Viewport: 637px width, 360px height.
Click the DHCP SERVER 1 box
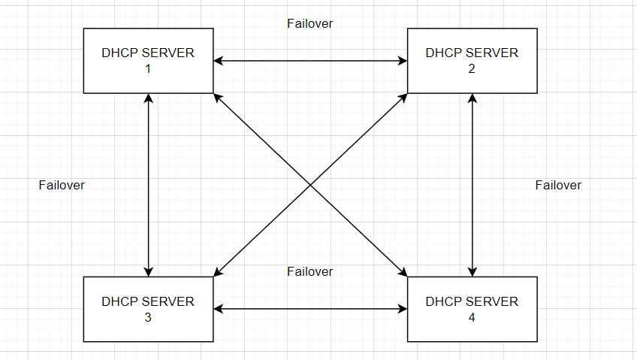(148, 61)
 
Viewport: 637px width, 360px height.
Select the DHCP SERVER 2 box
(472, 61)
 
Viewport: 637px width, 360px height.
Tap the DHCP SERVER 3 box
(148, 309)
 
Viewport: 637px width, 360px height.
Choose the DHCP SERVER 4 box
(472, 309)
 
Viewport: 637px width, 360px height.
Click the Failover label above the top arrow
(309, 23)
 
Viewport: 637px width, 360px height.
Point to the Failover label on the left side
(62, 185)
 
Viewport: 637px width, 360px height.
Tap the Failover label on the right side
(558, 185)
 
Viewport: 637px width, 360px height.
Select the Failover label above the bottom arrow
(309, 271)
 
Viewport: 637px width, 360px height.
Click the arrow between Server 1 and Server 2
(309, 61)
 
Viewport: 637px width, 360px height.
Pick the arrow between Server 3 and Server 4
(309, 309)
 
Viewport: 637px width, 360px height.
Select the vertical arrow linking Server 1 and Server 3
(149, 185)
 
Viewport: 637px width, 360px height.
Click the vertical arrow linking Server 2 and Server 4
(472, 185)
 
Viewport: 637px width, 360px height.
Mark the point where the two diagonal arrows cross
(310, 185)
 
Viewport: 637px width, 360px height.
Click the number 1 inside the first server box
(148, 69)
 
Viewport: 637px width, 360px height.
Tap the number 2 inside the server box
(472, 69)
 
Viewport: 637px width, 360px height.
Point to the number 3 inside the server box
(148, 317)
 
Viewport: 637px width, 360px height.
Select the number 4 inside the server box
(472, 317)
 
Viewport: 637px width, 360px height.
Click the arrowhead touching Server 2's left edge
(402, 61)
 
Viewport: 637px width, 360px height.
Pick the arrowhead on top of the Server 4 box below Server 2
(472, 271)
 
